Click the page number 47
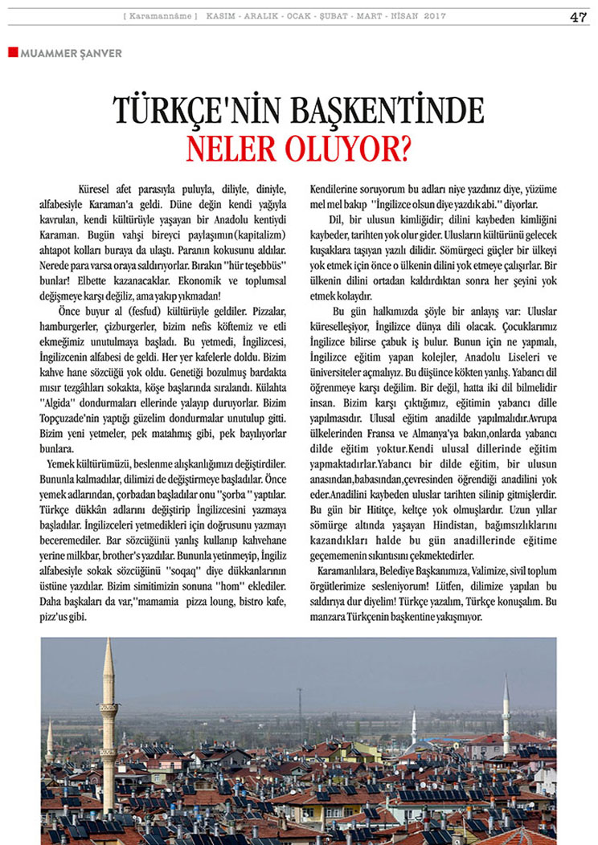(578, 18)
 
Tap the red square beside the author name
(12, 52)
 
